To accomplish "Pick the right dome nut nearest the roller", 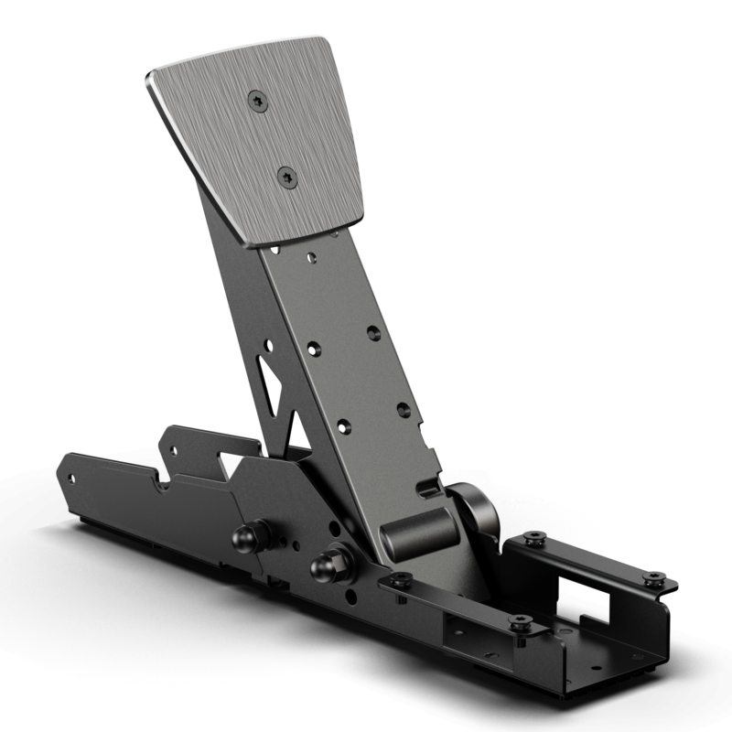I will [x=325, y=566].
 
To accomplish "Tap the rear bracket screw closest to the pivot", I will [x=537, y=537].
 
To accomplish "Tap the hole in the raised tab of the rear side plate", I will [x=169, y=447].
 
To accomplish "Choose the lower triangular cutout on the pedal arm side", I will [x=295, y=430].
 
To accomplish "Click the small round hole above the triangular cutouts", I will [x=269, y=346].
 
